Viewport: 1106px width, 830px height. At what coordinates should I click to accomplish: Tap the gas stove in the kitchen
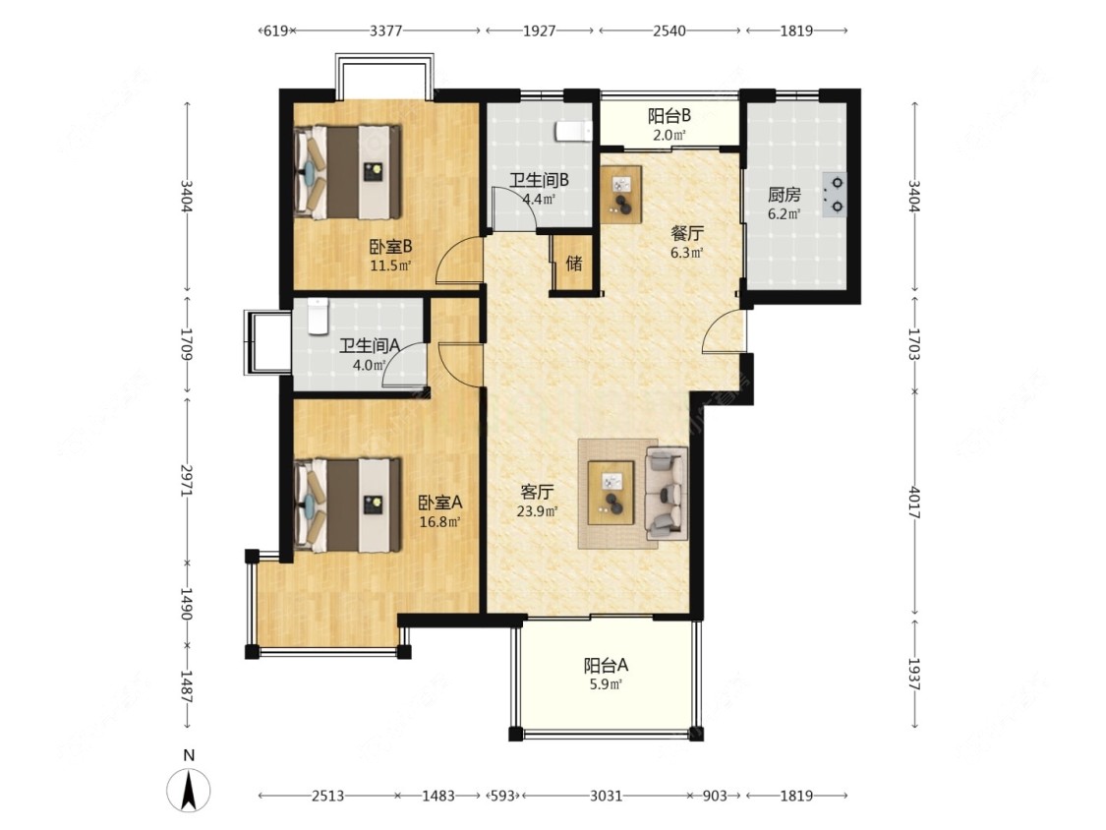(835, 194)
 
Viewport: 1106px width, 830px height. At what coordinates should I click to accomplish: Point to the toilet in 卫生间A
(319, 316)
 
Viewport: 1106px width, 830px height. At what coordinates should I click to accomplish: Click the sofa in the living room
(666, 493)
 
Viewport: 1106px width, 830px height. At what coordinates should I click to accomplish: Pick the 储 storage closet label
(574, 264)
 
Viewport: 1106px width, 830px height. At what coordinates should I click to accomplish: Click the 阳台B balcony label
(669, 115)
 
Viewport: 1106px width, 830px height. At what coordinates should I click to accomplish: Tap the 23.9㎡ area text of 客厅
(538, 511)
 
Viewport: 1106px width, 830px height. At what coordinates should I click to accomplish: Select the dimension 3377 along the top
(385, 30)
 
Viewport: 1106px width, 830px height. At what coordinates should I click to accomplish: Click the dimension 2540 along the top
(669, 30)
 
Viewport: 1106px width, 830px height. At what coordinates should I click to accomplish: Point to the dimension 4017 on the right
(914, 503)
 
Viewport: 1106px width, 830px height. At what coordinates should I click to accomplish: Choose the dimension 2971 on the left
(187, 480)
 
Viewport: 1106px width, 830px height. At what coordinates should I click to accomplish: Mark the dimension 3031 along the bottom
(606, 796)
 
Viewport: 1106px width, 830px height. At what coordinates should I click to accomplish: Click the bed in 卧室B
(348, 172)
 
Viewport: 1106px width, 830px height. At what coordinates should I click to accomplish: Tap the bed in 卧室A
(348, 504)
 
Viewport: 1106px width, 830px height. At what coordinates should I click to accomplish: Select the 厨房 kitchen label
(785, 194)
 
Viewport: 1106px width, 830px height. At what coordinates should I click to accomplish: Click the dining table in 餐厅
(621, 194)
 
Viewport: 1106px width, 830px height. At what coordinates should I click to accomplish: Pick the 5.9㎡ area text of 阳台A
(606, 683)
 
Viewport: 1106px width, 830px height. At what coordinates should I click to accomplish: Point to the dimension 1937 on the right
(914, 674)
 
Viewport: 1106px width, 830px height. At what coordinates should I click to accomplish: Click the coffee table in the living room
(611, 493)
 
